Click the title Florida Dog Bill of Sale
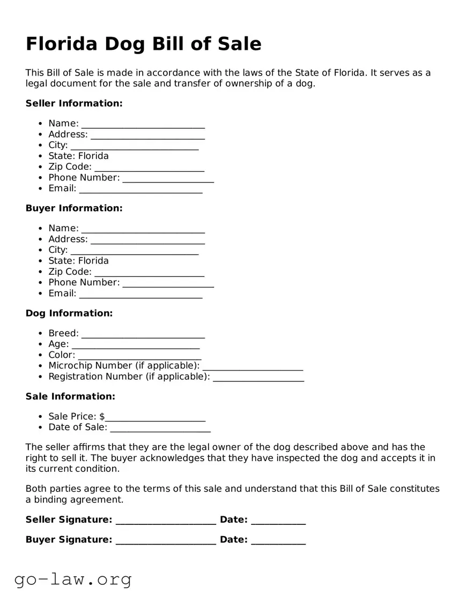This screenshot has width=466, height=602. (x=143, y=43)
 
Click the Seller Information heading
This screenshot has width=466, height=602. (x=74, y=103)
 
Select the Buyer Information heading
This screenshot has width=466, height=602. (x=74, y=208)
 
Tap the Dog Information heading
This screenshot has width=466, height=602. (x=69, y=313)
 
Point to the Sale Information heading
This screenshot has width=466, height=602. (x=70, y=397)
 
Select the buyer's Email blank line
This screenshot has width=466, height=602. (x=140, y=295)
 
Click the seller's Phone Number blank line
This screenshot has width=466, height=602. (x=168, y=179)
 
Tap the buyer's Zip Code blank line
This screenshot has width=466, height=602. (x=149, y=273)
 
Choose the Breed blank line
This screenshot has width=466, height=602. (x=143, y=335)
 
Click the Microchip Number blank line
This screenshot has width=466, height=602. (x=253, y=367)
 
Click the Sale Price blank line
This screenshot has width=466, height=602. (x=155, y=418)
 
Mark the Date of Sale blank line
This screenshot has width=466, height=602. (x=160, y=428)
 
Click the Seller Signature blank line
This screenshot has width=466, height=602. (x=166, y=521)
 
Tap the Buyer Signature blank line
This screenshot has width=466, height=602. (x=166, y=541)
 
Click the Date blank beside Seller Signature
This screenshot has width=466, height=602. (x=278, y=521)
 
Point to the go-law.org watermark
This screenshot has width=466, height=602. (x=73, y=579)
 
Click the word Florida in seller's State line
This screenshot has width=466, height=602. (x=93, y=156)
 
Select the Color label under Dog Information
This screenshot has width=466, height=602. (x=61, y=355)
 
